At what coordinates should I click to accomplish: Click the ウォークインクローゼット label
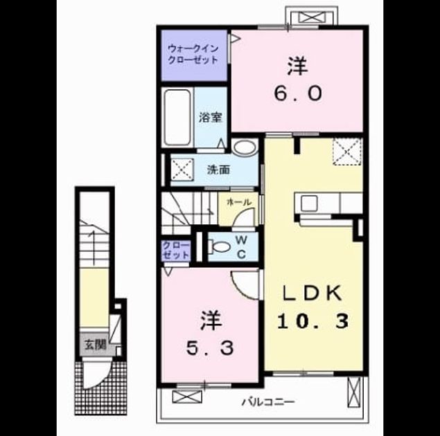point(193,55)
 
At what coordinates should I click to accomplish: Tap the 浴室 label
point(211,118)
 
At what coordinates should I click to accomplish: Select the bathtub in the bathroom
point(177,117)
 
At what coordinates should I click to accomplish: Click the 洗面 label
point(218,170)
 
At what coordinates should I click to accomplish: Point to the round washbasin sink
point(245,147)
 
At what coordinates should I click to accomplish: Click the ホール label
point(238,201)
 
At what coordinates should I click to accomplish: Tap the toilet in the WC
point(219,247)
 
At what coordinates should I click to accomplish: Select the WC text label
point(241,246)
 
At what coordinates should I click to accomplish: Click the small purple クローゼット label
point(176,251)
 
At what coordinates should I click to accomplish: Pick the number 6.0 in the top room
point(298,93)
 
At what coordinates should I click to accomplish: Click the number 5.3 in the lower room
point(210,348)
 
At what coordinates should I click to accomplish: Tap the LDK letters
point(313,293)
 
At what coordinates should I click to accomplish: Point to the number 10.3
point(313,321)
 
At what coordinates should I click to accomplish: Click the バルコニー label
point(268,402)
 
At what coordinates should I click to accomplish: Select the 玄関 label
point(96,345)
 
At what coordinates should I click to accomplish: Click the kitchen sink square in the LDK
point(309,203)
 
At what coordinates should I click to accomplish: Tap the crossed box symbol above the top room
point(312,17)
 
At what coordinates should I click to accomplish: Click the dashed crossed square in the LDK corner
point(347,152)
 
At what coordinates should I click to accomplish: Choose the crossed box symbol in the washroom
point(182,170)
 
